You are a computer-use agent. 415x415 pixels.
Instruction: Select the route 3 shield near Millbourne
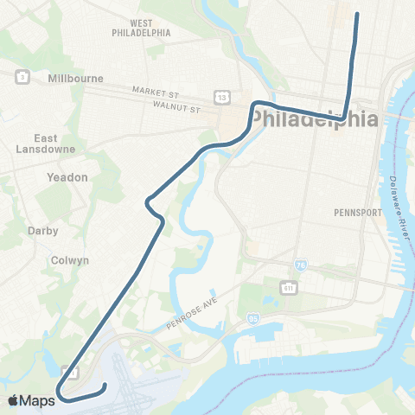19,78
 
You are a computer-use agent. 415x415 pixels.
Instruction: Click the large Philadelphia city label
316,118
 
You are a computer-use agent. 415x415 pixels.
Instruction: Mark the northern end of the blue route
356,14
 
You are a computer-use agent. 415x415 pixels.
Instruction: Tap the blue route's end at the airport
105,385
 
